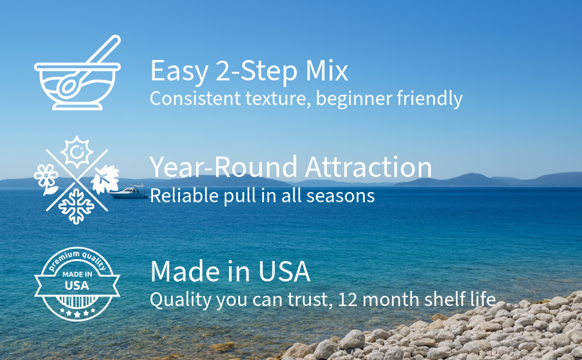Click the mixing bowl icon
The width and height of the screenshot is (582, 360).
(x=77, y=86)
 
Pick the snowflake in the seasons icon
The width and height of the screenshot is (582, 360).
(x=76, y=206)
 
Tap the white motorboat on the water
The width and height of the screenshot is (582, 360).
(x=128, y=191)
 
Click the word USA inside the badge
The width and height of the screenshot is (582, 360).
(x=77, y=286)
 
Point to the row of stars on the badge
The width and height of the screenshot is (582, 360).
(x=77, y=313)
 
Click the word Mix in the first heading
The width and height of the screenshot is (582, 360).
(x=326, y=71)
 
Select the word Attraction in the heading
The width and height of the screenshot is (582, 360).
(x=368, y=167)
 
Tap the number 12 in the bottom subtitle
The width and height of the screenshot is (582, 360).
(x=348, y=299)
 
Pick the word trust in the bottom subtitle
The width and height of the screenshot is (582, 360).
(x=310, y=299)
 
